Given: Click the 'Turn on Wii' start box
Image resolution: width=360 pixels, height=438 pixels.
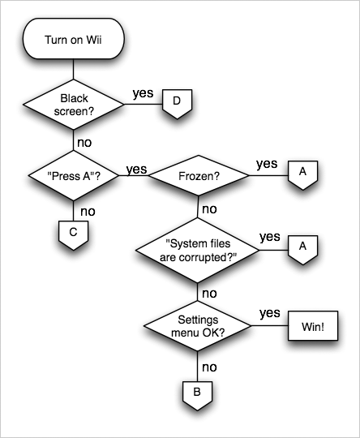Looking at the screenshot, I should (73, 40).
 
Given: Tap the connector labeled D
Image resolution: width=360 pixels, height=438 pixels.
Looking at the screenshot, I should (176, 102).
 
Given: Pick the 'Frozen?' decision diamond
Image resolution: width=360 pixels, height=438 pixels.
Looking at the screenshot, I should (197, 174).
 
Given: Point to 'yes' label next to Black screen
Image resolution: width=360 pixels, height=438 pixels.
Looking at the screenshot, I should (143, 92).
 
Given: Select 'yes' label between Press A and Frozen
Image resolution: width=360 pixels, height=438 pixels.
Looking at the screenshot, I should (136, 169).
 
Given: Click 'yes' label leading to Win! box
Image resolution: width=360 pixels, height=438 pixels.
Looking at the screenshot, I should (270, 313).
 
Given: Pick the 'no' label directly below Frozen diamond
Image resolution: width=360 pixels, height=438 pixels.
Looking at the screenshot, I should (208, 208).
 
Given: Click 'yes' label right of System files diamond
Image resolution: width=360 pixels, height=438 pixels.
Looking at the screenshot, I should (270, 237).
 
